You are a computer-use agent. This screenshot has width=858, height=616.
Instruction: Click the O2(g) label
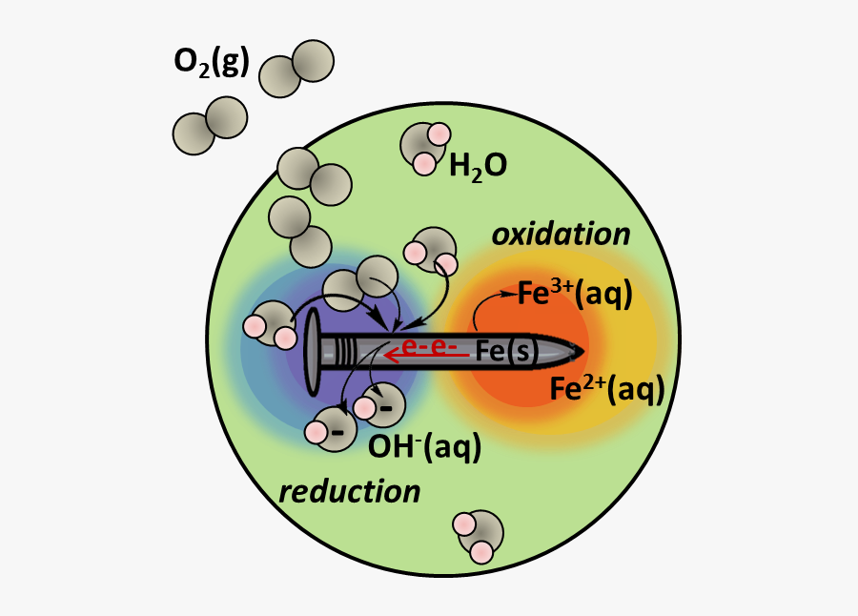[x=212, y=62]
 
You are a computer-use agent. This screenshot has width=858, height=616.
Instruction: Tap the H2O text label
[x=478, y=166]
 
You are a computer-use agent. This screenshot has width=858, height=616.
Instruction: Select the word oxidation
[x=561, y=235]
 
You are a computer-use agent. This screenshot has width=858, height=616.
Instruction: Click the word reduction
[x=350, y=492]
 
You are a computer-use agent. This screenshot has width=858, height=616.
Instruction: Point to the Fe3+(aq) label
[x=575, y=294]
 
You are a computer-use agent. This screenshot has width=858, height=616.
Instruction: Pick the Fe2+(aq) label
[x=607, y=389]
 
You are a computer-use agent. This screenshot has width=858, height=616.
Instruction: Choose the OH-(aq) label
[x=424, y=447]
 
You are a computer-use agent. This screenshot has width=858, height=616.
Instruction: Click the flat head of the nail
[x=313, y=352]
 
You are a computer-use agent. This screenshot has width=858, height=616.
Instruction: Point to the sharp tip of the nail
[x=583, y=352]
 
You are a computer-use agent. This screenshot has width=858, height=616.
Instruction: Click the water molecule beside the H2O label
[x=424, y=148]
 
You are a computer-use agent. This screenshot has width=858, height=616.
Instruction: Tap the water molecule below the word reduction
[x=478, y=537]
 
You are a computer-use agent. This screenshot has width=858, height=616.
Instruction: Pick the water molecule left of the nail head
[x=271, y=324]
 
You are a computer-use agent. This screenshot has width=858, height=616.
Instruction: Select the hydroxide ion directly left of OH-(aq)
[x=331, y=429]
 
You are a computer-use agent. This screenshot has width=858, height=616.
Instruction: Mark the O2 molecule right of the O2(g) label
[x=296, y=69]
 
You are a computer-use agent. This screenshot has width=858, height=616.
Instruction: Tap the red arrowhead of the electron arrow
[x=391, y=356]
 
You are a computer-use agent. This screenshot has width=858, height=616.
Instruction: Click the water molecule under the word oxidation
[x=431, y=253]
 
